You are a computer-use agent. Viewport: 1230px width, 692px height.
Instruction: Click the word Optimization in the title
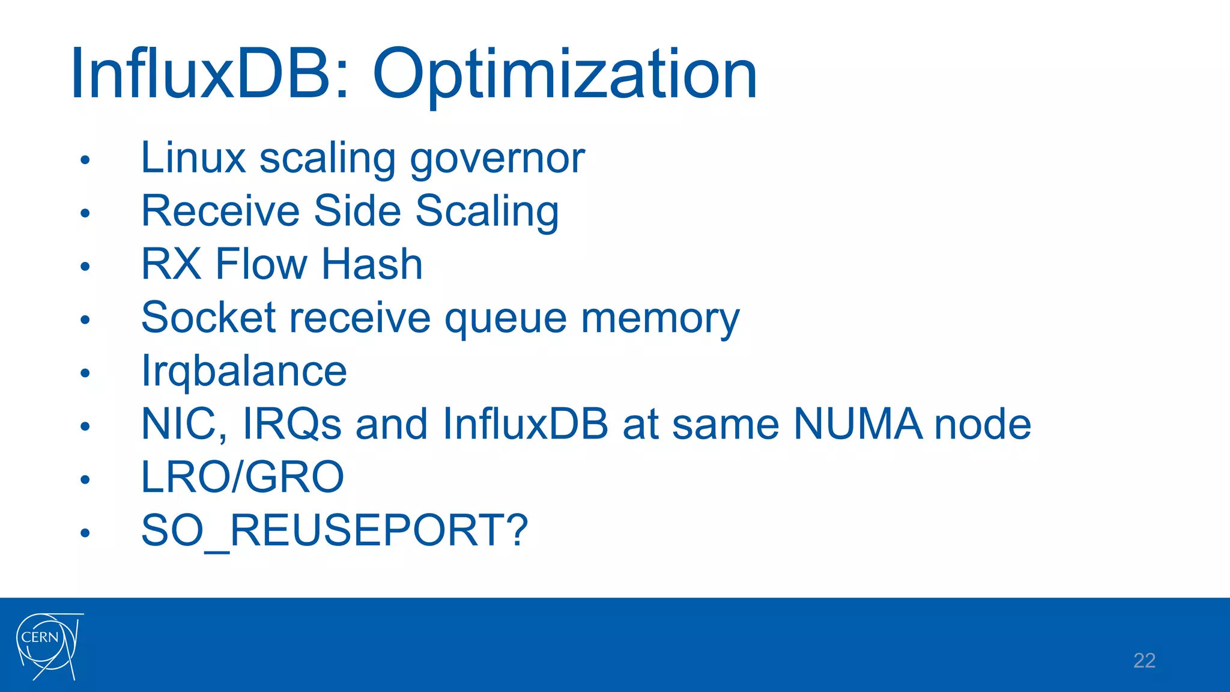point(565,75)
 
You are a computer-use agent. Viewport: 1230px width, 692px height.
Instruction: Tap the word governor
point(497,159)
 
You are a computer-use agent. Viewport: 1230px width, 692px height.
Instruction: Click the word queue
point(506,318)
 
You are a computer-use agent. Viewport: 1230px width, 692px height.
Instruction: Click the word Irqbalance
point(244,371)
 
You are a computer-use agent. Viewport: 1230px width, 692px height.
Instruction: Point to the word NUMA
point(858,424)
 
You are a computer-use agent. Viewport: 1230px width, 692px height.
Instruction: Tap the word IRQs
point(292,424)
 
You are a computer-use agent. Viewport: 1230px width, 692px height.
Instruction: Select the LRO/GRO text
point(243,477)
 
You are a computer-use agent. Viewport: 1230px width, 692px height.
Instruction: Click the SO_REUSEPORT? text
point(335,530)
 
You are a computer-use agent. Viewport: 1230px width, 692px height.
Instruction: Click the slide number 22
point(1144,660)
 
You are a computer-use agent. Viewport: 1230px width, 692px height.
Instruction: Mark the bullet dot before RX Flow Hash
point(85,266)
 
